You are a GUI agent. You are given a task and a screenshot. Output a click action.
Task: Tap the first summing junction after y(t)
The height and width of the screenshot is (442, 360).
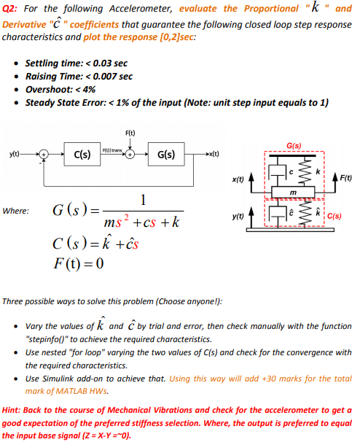point(45,155)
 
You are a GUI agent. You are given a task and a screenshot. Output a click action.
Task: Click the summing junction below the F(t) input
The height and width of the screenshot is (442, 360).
point(129,155)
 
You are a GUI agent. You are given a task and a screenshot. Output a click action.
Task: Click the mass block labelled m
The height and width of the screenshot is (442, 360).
point(291,191)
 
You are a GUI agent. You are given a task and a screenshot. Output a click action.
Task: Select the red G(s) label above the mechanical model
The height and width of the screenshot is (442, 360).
point(295,146)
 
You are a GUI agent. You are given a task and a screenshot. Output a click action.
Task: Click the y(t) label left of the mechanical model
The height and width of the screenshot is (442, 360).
point(237,217)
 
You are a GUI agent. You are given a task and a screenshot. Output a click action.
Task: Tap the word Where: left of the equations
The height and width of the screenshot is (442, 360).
point(16,212)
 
